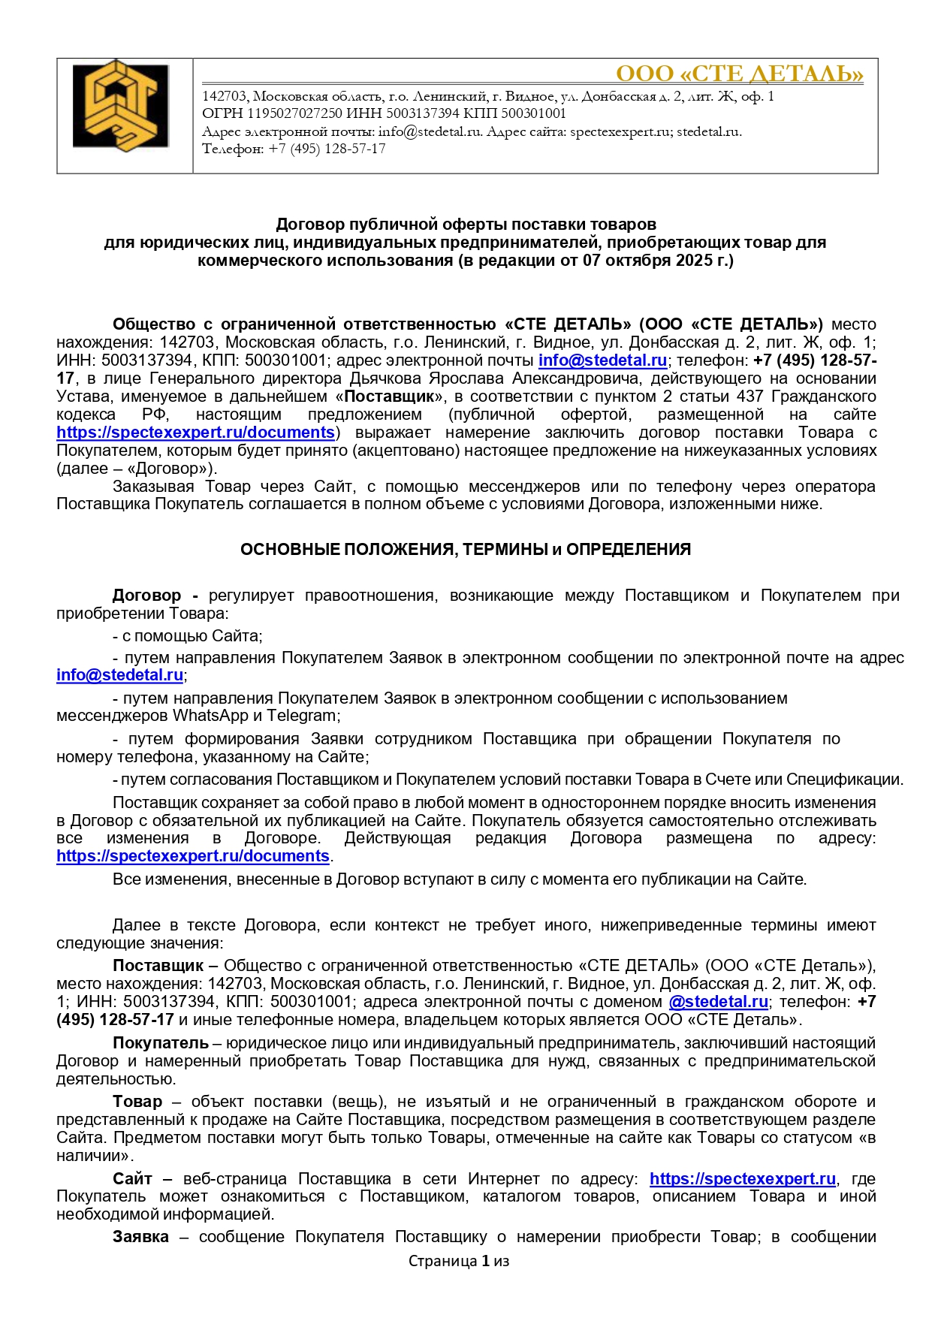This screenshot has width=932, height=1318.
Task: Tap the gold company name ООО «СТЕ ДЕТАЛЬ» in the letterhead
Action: [739, 74]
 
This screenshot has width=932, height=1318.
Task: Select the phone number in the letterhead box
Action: [327, 149]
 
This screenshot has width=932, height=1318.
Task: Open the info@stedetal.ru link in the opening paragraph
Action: [602, 360]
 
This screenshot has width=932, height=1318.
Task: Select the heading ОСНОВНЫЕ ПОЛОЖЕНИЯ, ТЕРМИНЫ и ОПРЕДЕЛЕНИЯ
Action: [465, 550]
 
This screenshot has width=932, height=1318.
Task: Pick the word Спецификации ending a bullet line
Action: [855, 780]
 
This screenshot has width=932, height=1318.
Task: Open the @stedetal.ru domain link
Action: [718, 1002]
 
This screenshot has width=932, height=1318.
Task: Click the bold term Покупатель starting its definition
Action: [160, 1043]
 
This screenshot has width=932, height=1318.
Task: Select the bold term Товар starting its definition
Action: [137, 1102]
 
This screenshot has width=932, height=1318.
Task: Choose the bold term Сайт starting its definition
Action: [132, 1179]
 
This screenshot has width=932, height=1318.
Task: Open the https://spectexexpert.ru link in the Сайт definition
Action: [742, 1179]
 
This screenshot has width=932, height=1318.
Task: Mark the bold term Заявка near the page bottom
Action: [140, 1237]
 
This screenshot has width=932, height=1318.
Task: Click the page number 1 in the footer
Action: [485, 1262]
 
